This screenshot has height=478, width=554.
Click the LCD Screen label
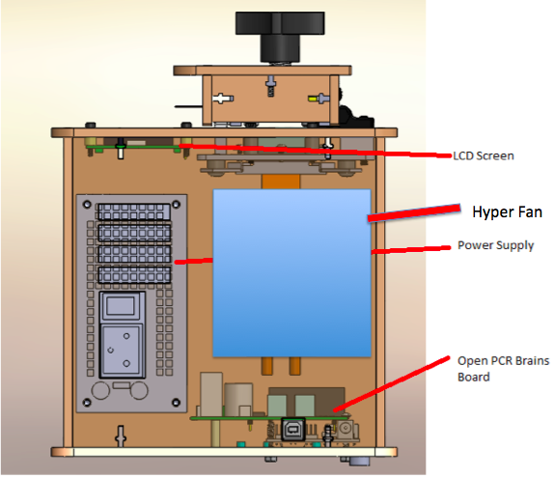point(484,155)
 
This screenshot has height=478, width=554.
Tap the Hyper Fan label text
point(507,212)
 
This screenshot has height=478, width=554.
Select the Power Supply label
point(495,245)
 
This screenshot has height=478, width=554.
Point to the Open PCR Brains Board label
point(503,369)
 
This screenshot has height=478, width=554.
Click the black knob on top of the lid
point(280,37)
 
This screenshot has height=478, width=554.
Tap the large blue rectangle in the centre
point(291,273)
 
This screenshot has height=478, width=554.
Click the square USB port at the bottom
point(292,429)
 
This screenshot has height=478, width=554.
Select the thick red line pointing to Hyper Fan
point(414,212)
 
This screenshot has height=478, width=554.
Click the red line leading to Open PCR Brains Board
point(392,384)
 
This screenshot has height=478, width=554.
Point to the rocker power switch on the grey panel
point(122,305)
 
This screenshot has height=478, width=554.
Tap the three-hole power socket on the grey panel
point(122,350)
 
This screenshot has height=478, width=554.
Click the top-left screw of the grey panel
point(87,205)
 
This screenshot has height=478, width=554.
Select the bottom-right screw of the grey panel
point(176,403)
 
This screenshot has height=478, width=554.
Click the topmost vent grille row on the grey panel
point(134,211)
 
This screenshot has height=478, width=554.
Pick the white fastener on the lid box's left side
point(223,98)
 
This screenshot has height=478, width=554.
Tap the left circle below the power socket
point(100,391)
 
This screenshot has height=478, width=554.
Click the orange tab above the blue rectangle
point(281,182)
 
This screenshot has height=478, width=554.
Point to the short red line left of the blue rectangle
point(194,262)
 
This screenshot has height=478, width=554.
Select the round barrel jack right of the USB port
point(345,429)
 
